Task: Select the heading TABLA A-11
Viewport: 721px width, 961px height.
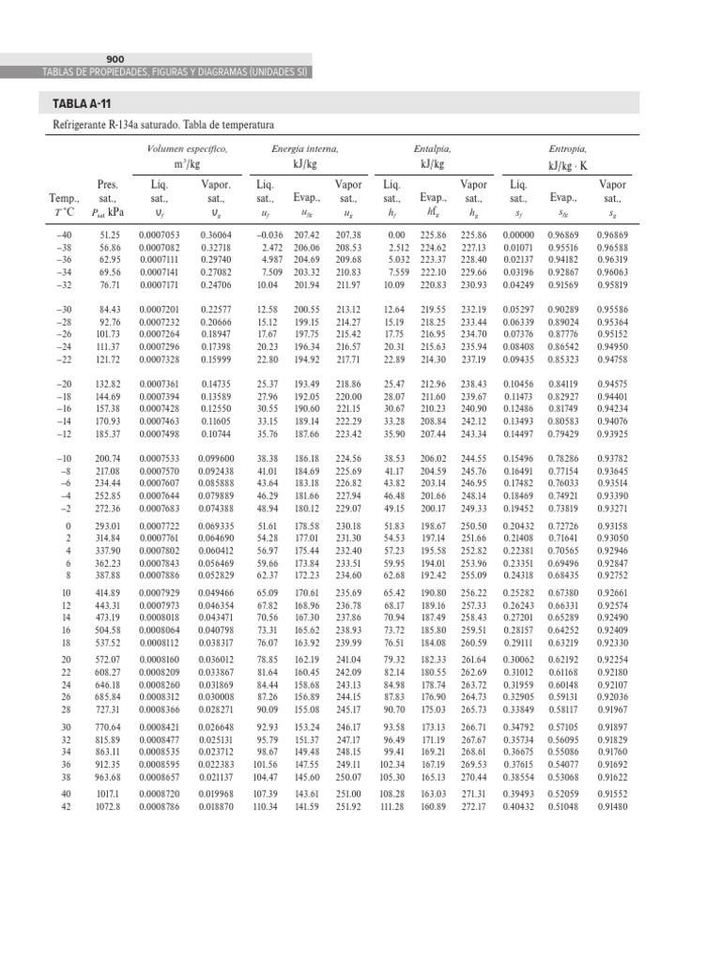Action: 75,103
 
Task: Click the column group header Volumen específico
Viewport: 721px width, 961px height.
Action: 188,149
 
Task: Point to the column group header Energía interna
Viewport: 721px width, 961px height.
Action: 305,149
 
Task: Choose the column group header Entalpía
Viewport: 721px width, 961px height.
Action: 432,149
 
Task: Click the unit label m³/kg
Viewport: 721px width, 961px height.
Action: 188,165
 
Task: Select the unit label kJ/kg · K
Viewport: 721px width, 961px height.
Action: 568,165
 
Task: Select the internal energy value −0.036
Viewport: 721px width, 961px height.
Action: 270,234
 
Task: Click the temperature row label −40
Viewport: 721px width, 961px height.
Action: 64,234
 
